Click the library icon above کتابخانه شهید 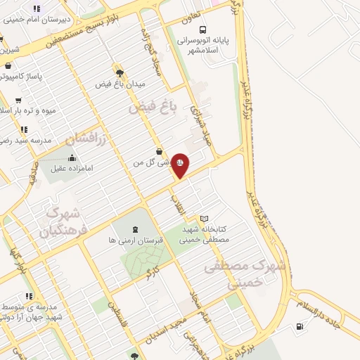[x=205, y=219]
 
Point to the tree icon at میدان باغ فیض [x=120, y=72]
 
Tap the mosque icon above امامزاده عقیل [x=73, y=157]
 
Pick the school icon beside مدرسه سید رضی [x=24, y=129]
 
